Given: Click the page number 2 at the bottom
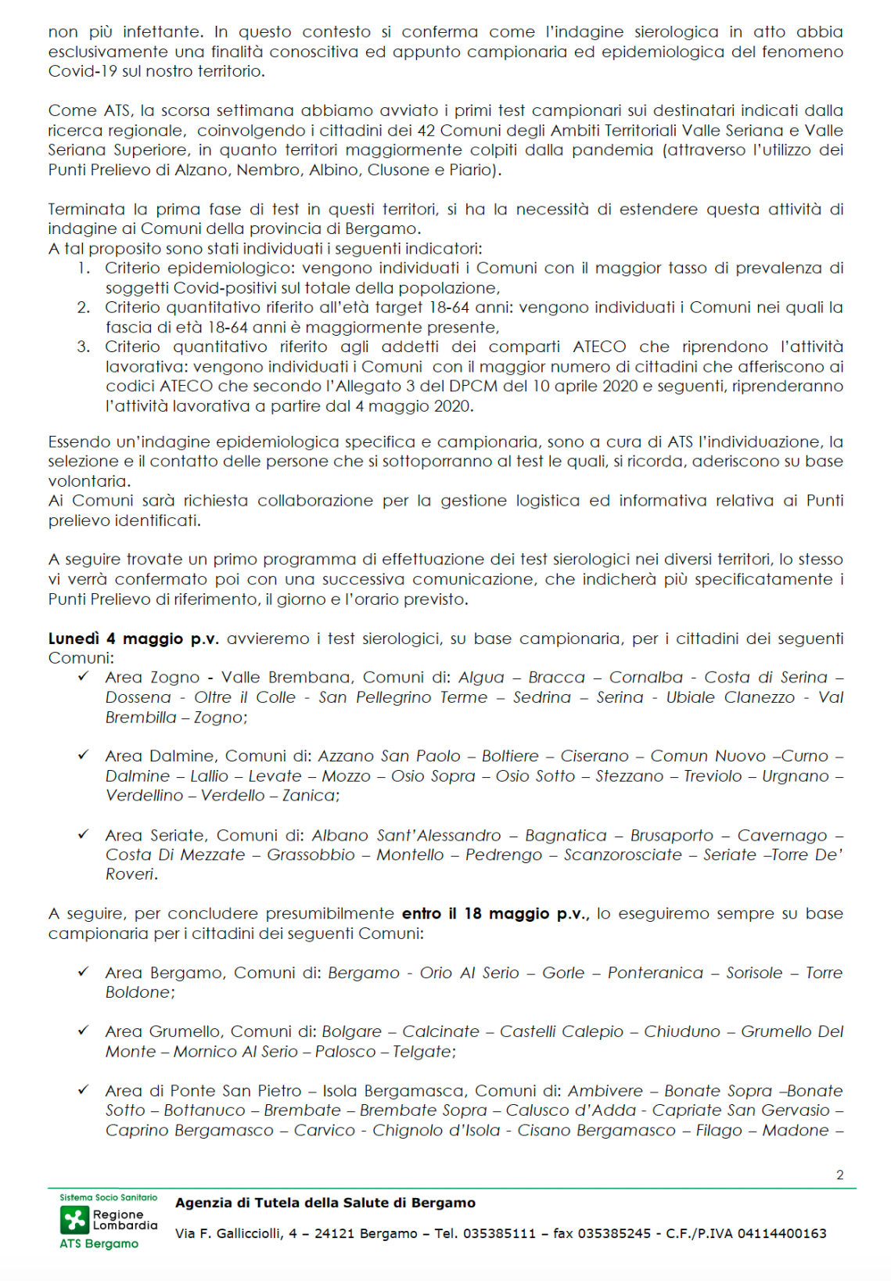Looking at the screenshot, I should [839, 1175].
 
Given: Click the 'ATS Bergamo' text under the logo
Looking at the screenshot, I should [99, 1243].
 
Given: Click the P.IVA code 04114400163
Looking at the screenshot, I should [782, 1233].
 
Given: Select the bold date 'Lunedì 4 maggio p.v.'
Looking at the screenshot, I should [133, 639].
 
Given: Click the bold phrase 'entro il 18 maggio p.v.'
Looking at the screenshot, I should [495, 913].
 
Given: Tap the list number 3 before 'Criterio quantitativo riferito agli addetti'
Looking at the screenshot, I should [83, 347].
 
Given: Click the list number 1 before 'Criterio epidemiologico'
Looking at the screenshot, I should [83, 268].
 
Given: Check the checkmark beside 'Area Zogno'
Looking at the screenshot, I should [83, 677].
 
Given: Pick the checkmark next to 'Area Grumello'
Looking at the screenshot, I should [83, 1031].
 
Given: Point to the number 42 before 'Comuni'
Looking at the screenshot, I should [427, 130].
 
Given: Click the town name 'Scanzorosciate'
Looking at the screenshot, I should [623, 855].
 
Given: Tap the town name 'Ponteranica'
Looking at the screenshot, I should [656, 973].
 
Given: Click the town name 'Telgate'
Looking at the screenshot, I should [422, 1051].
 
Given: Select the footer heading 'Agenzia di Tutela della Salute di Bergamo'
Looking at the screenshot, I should [325, 1203].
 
